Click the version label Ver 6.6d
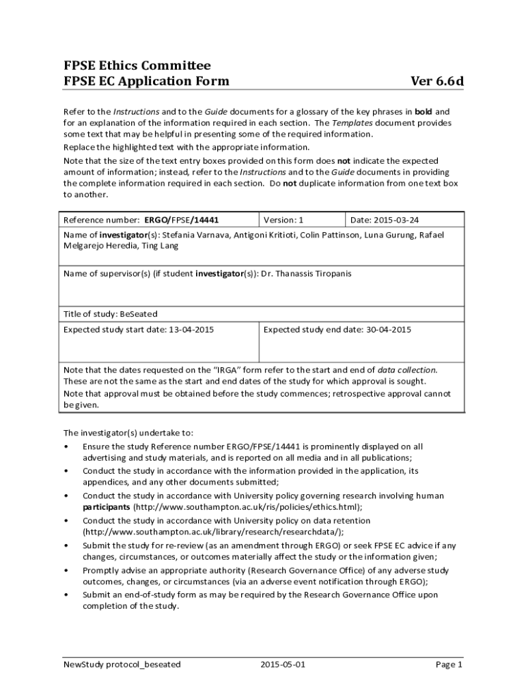[437, 82]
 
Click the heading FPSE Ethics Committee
[137, 66]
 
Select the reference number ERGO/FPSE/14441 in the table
[182, 220]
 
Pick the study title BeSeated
[139, 314]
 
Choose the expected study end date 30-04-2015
[388, 330]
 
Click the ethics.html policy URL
[247, 507]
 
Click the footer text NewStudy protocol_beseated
[122, 664]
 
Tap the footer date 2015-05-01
[283, 664]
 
